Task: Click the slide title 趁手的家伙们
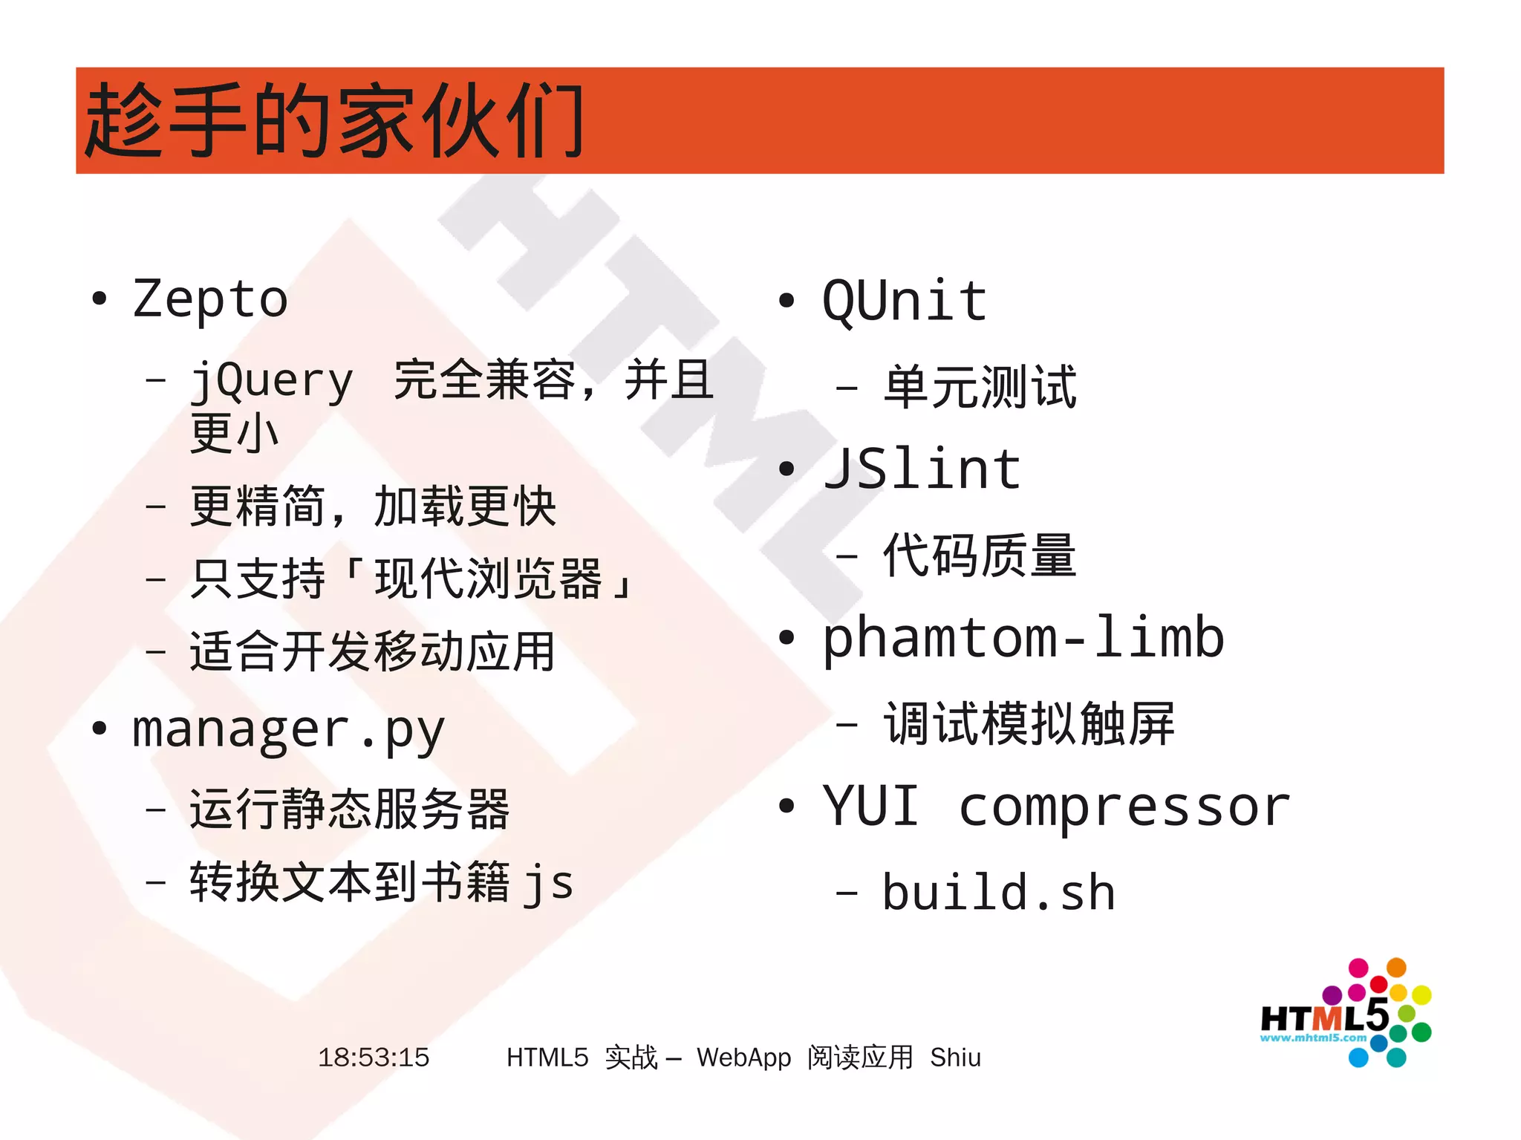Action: (x=334, y=120)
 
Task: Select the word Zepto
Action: (x=210, y=299)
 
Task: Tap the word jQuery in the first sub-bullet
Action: (x=272, y=381)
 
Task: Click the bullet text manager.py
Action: (x=287, y=730)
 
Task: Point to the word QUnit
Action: (x=905, y=301)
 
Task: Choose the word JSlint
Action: (x=922, y=469)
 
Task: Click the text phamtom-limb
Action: (x=1023, y=638)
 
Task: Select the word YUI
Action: (x=870, y=806)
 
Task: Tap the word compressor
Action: (x=1124, y=807)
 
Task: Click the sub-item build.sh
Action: (x=998, y=892)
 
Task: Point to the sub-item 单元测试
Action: (x=980, y=387)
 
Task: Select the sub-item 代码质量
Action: (x=980, y=556)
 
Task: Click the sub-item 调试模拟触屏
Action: (x=1029, y=723)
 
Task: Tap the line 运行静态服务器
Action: (x=349, y=809)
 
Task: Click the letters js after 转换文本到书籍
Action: (x=548, y=884)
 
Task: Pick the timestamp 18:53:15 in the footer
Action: (x=374, y=1057)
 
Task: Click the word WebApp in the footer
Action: (x=743, y=1057)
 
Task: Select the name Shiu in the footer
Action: (x=955, y=1057)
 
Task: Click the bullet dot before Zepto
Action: (x=99, y=299)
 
